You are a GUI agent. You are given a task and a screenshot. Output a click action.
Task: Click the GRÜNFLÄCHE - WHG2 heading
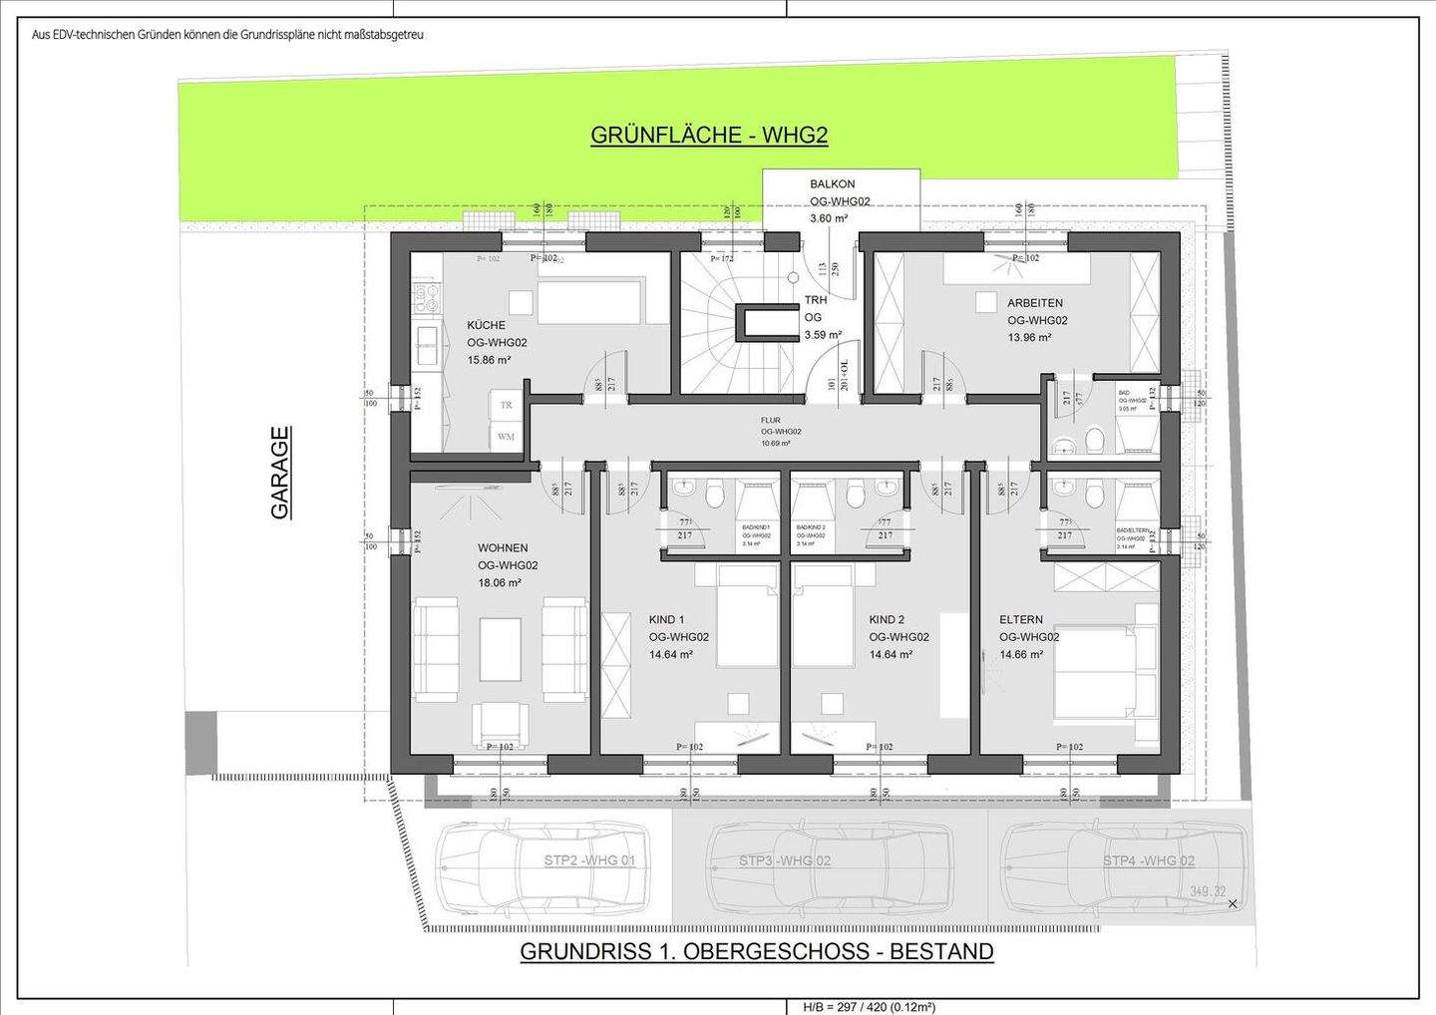coord(709,135)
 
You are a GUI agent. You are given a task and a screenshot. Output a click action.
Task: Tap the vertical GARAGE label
coord(280,473)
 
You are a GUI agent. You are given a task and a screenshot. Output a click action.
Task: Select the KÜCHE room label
coord(486,325)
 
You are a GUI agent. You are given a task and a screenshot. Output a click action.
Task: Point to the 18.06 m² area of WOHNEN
coord(499,583)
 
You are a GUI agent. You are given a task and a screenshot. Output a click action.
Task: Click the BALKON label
coord(832,184)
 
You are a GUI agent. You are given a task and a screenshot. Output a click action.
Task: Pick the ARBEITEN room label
coord(1034,303)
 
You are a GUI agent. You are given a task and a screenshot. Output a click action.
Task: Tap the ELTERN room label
coord(1020,619)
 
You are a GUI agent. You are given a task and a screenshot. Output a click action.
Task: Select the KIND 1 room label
coord(666,619)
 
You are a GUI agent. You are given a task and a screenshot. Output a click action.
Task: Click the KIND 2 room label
coord(887,619)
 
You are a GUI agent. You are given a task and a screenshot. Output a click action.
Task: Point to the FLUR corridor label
coord(771,421)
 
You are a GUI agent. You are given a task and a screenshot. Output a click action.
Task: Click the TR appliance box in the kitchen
coord(506,405)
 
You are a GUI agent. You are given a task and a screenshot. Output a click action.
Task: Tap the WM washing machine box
coord(506,437)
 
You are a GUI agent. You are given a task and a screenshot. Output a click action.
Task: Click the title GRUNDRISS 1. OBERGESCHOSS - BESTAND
coord(756,951)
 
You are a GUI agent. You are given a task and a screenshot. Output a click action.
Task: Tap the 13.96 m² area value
coord(1028,338)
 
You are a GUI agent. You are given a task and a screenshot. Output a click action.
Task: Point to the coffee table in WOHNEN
coord(500,649)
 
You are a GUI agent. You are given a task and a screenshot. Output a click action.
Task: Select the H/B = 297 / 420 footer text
coord(869,1007)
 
